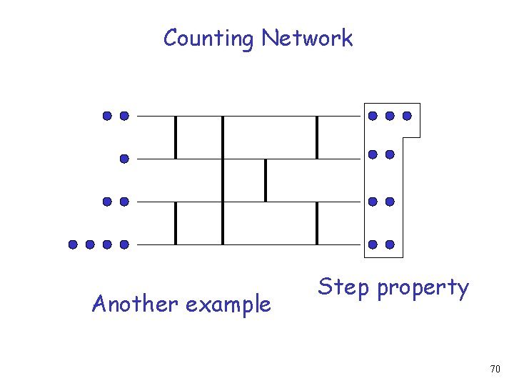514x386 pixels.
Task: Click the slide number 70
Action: (x=495, y=369)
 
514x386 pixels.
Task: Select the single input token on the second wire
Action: (x=124, y=158)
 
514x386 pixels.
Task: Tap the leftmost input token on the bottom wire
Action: (x=73, y=244)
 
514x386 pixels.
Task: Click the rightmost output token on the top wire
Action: (x=407, y=115)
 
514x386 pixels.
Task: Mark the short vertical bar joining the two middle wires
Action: (x=266, y=180)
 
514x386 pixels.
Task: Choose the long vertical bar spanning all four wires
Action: (x=223, y=180)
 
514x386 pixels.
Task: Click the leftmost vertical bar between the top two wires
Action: (x=176, y=137)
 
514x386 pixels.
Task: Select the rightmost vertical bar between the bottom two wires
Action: (x=317, y=223)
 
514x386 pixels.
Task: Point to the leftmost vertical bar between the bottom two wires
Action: (x=176, y=223)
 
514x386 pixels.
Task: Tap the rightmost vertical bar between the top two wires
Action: (x=317, y=137)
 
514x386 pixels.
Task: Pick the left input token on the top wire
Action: (x=107, y=115)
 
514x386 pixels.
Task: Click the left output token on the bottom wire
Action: (x=373, y=244)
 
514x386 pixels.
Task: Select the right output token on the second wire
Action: (x=390, y=154)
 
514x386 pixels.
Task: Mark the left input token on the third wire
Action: (x=107, y=202)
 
